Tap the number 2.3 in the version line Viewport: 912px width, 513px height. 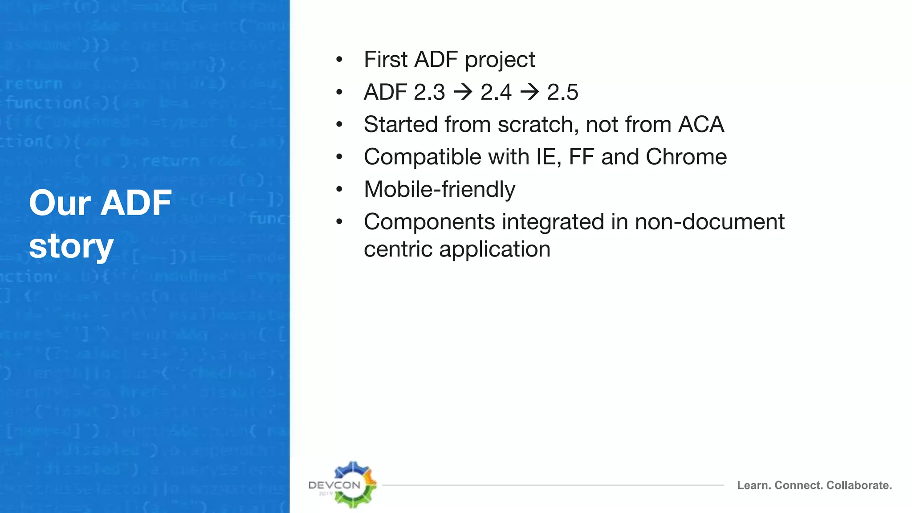429,92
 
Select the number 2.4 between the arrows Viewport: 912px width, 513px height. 496,92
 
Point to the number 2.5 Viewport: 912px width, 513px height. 562,92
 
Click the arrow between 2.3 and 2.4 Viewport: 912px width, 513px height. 463,92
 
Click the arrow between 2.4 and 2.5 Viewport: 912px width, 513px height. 529,92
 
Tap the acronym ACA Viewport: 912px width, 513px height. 701,124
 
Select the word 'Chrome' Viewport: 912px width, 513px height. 686,157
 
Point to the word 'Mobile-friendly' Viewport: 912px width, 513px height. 439,189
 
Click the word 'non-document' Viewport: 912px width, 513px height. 709,222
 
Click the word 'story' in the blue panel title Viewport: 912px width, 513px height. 71,246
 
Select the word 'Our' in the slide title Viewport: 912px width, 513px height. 60,203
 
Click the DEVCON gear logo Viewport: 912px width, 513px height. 352,484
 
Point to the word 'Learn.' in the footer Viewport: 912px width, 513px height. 753,485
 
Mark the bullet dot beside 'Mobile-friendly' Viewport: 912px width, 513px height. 339,190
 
